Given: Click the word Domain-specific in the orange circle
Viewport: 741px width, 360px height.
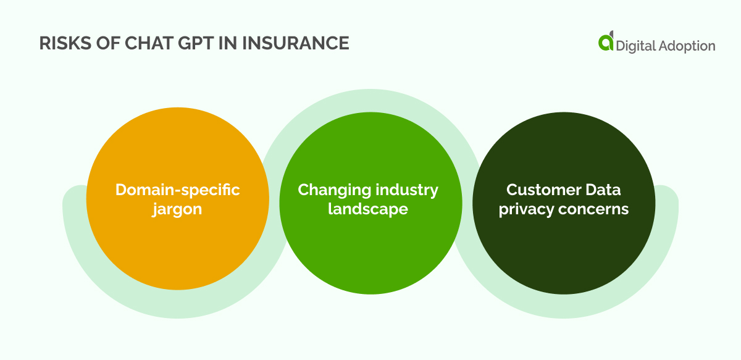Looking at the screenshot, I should coord(178,190).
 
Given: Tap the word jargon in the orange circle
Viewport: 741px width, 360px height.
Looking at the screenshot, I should coord(177,209).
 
